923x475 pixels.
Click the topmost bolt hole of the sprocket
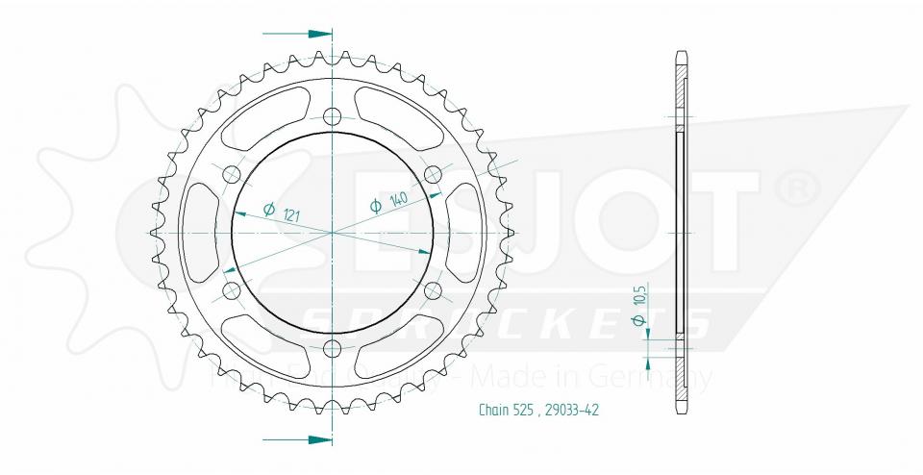pyautogui.click(x=333, y=117)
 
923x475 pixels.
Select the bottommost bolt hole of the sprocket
pyautogui.click(x=333, y=347)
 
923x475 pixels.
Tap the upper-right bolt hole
pyautogui.click(x=433, y=174)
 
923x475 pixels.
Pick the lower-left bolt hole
pyautogui.click(x=232, y=289)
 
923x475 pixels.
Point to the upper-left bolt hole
pyautogui.click(x=232, y=174)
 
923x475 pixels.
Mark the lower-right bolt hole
pyautogui.click(x=433, y=289)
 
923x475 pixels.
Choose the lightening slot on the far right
pyautogui.click(x=466, y=232)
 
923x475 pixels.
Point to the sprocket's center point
pyautogui.click(x=333, y=233)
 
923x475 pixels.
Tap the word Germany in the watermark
pyautogui.click(x=662, y=377)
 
